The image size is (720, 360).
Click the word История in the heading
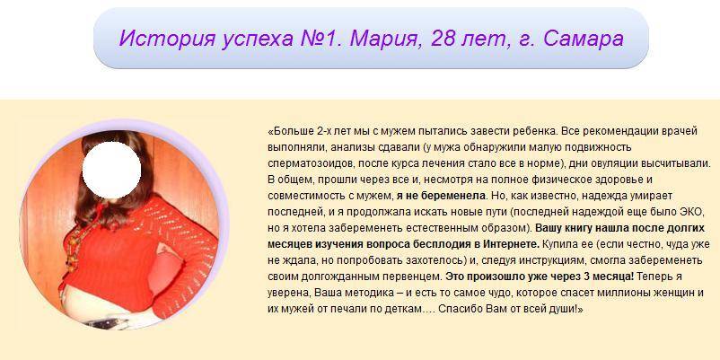click(167, 38)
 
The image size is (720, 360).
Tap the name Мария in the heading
click(386, 38)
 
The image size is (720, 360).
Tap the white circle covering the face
click(111, 170)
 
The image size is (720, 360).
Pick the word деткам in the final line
click(403, 309)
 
